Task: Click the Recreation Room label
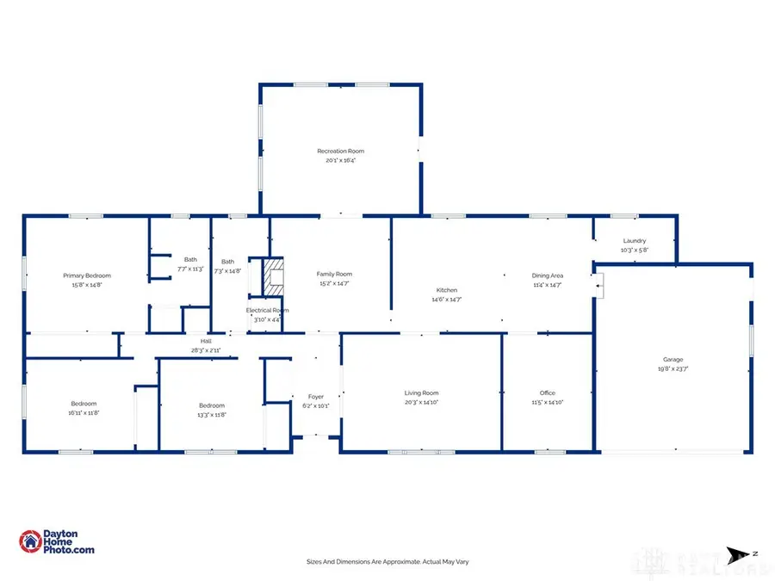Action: [x=341, y=151]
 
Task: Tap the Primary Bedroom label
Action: [x=87, y=275]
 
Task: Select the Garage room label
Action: [x=673, y=360]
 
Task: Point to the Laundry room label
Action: [x=634, y=241]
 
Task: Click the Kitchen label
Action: [x=446, y=290]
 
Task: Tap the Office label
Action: [x=548, y=392]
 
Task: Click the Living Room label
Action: [x=422, y=392]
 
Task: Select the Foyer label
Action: [x=316, y=397]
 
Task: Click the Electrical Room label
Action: [x=267, y=310]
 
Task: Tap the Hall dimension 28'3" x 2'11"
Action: [x=207, y=350]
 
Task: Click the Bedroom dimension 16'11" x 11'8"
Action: [x=84, y=414]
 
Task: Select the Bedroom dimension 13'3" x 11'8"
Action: [x=212, y=415]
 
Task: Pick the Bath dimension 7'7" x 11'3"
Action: [x=189, y=269]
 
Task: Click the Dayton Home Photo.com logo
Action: [x=57, y=541]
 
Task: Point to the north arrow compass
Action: [x=735, y=553]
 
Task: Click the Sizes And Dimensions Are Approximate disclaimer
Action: [x=387, y=561]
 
